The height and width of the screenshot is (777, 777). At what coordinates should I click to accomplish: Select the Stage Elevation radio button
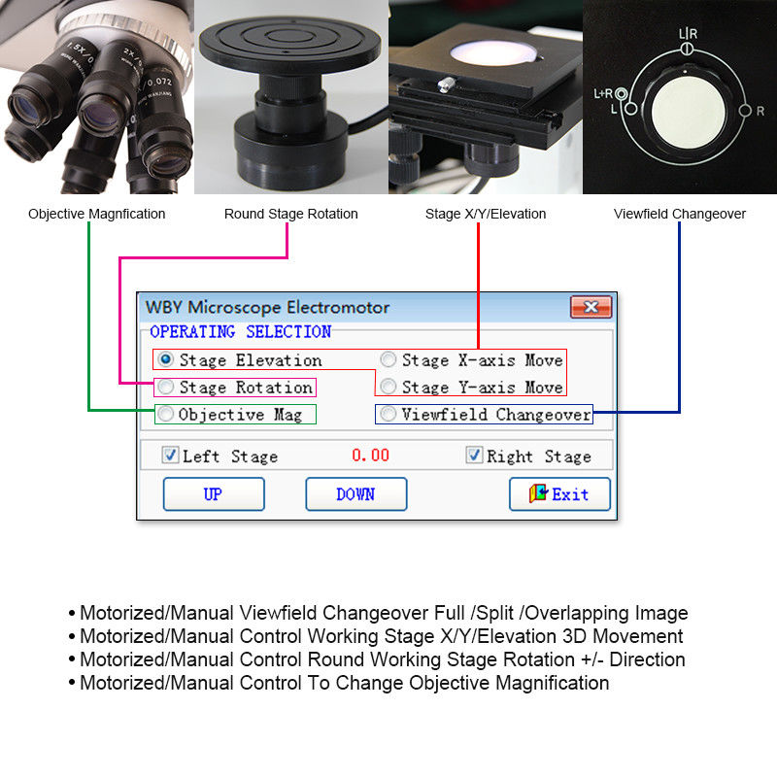point(166,359)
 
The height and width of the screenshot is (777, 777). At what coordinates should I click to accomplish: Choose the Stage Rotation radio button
point(166,387)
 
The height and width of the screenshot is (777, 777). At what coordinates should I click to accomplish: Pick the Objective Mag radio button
point(166,414)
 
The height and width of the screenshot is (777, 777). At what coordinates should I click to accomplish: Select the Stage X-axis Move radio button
point(388,359)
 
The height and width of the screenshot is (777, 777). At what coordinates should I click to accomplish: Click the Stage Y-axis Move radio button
point(388,387)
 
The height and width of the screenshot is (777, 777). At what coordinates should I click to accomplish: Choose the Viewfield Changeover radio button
point(388,414)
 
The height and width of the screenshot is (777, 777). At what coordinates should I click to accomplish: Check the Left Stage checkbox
point(170,455)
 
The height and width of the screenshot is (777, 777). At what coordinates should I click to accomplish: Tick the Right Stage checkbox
point(474,455)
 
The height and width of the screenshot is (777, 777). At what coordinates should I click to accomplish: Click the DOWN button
point(355,493)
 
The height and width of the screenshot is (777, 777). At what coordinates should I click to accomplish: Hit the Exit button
point(559,493)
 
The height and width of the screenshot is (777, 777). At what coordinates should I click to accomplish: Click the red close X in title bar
point(590,307)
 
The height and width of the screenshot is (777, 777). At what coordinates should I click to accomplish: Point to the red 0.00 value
point(370,455)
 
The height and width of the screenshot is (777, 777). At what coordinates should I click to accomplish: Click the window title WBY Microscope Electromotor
point(267,307)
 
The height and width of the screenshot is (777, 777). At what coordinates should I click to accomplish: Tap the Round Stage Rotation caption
point(290,214)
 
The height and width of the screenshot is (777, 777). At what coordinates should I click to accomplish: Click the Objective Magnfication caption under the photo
point(96,214)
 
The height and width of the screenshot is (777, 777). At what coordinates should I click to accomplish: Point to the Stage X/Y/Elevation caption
point(486,214)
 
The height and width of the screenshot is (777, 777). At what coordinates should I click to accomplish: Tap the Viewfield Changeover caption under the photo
point(679,214)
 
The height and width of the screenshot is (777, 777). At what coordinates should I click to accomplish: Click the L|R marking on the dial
point(687,35)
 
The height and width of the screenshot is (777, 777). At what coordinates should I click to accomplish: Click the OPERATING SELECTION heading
point(240,332)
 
